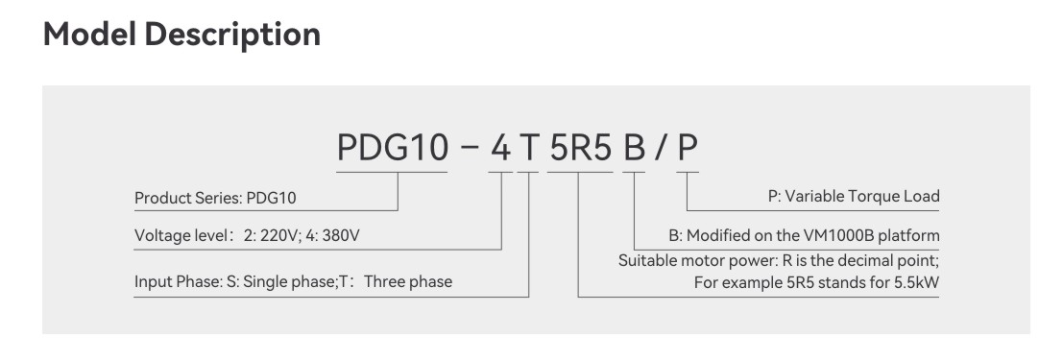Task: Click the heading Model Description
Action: coord(182,35)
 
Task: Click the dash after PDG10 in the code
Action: coord(468,149)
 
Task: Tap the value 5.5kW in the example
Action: coord(914,282)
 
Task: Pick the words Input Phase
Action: coord(170,282)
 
